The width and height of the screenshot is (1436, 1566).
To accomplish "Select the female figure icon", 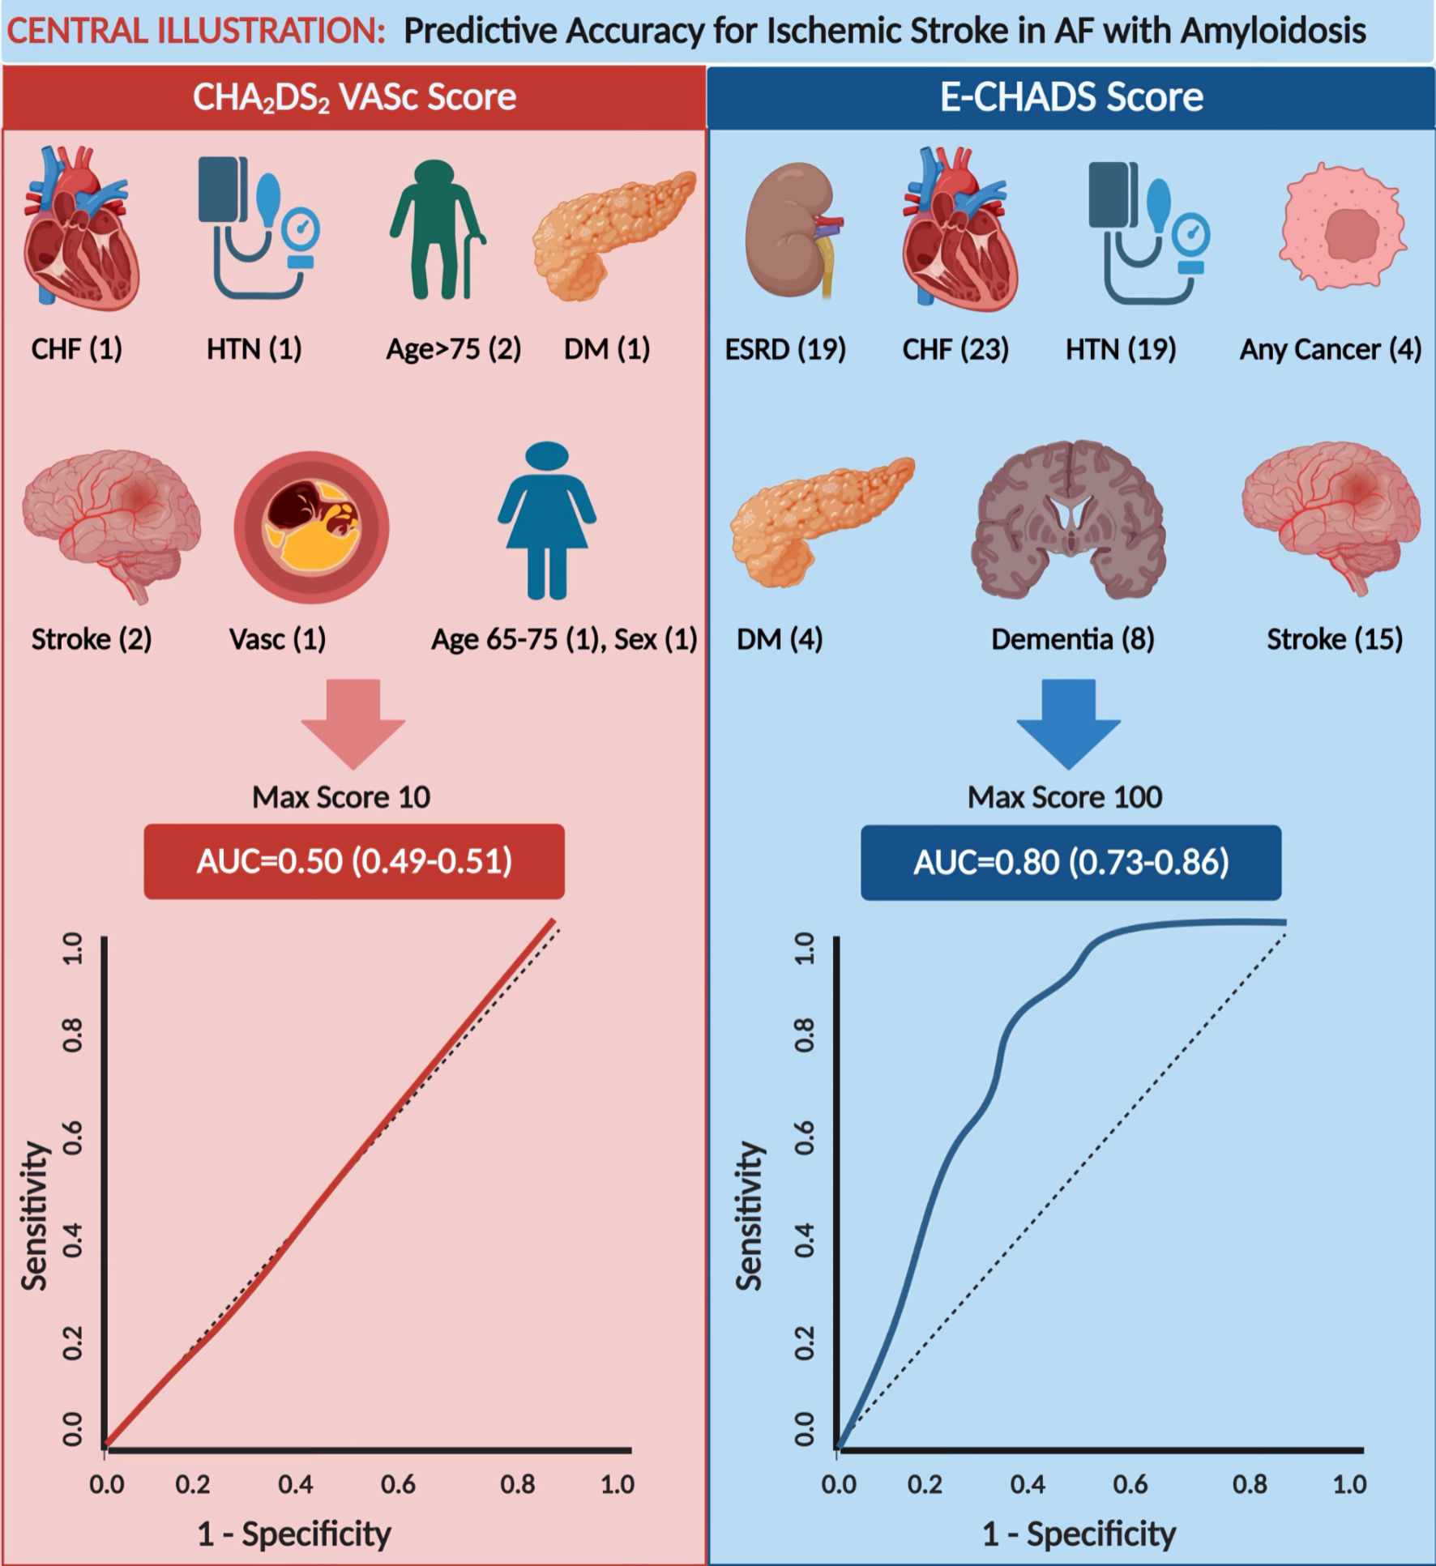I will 547,521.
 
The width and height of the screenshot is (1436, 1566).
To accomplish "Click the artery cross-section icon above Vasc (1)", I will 312,527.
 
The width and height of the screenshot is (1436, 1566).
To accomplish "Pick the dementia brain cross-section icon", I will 1069,521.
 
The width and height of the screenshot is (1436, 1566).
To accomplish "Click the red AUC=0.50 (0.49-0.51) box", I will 354,861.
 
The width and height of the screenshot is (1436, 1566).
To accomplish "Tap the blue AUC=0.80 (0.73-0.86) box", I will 1071,862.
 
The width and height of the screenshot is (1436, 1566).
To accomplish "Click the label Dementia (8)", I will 1072,639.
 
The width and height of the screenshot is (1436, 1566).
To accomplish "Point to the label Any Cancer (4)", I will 1330,349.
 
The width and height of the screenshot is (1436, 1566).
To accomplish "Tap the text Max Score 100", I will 1065,797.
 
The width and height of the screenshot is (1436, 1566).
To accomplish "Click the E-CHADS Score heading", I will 1071,97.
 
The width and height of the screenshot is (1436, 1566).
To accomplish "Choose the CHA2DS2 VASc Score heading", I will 354,97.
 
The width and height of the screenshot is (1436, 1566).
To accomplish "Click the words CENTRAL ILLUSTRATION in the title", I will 195,32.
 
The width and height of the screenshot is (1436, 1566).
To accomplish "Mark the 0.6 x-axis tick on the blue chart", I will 1130,1484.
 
